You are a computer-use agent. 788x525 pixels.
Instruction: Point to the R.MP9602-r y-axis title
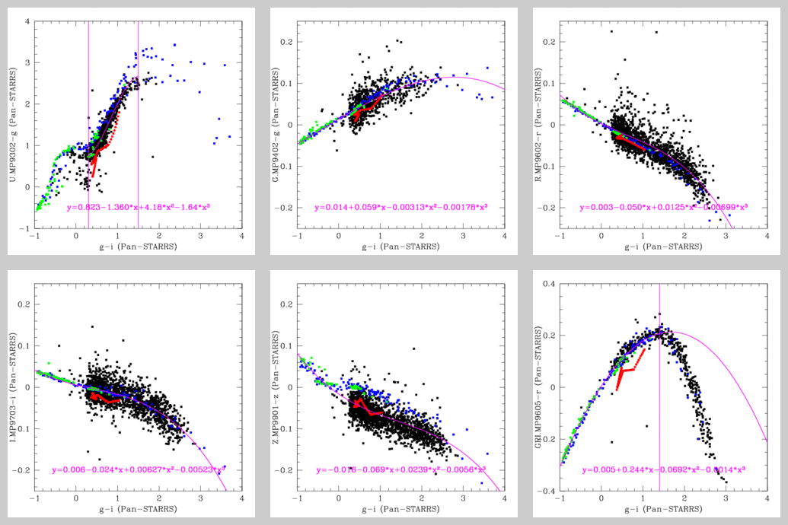(x=539, y=125)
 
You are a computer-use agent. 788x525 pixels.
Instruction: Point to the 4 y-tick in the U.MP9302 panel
(x=27, y=21)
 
